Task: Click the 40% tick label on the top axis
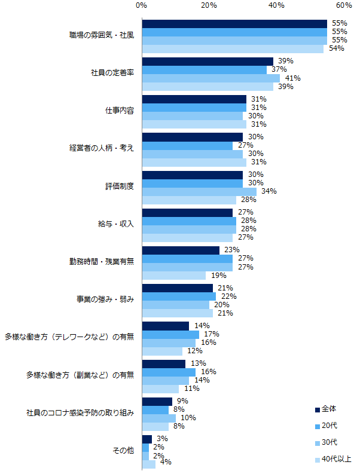coord(276,5)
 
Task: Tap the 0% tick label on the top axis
coord(142,5)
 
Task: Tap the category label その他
coord(123,450)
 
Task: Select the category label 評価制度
coord(120,186)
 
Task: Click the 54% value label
coord(337,48)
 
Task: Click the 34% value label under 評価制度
coord(269,191)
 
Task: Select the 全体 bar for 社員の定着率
coord(208,62)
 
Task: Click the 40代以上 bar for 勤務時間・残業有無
coord(174,276)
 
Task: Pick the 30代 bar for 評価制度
coord(199,191)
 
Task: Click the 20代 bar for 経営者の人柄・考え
coord(187,145)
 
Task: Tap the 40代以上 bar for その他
coord(148,464)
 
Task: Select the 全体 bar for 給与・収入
coord(187,212)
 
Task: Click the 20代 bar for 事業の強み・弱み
coord(179,296)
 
